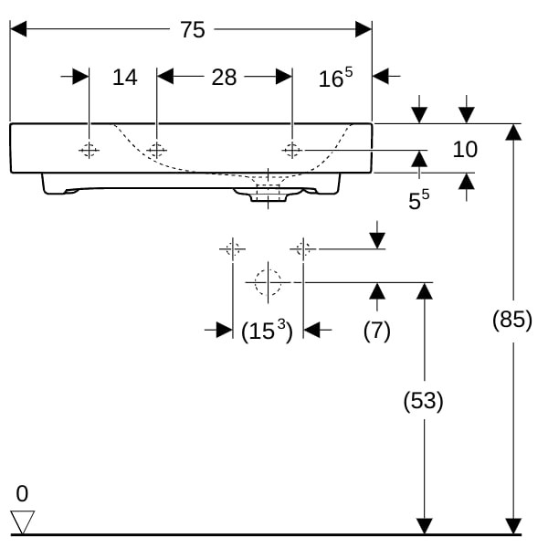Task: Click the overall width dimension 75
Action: coord(192,30)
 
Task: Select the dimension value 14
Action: coord(125,77)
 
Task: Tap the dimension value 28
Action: coord(224,77)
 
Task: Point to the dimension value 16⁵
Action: coord(335,79)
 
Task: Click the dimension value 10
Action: coord(465,149)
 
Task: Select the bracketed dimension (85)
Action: coord(511,321)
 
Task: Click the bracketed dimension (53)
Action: coord(423,400)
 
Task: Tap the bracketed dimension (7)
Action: coord(376,331)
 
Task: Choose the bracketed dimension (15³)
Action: coord(267,331)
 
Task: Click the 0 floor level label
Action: coord(22,494)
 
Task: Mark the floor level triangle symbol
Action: coord(22,522)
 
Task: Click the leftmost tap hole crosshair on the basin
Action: coord(90,150)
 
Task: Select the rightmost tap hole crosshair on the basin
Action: coord(292,149)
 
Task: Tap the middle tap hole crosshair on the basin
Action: coord(157,150)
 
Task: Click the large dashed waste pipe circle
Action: coord(268,283)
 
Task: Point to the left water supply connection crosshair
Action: coord(232,248)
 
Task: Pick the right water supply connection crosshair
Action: coord(303,248)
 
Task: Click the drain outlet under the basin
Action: coord(267,193)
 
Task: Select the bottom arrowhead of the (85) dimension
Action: coord(514,526)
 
